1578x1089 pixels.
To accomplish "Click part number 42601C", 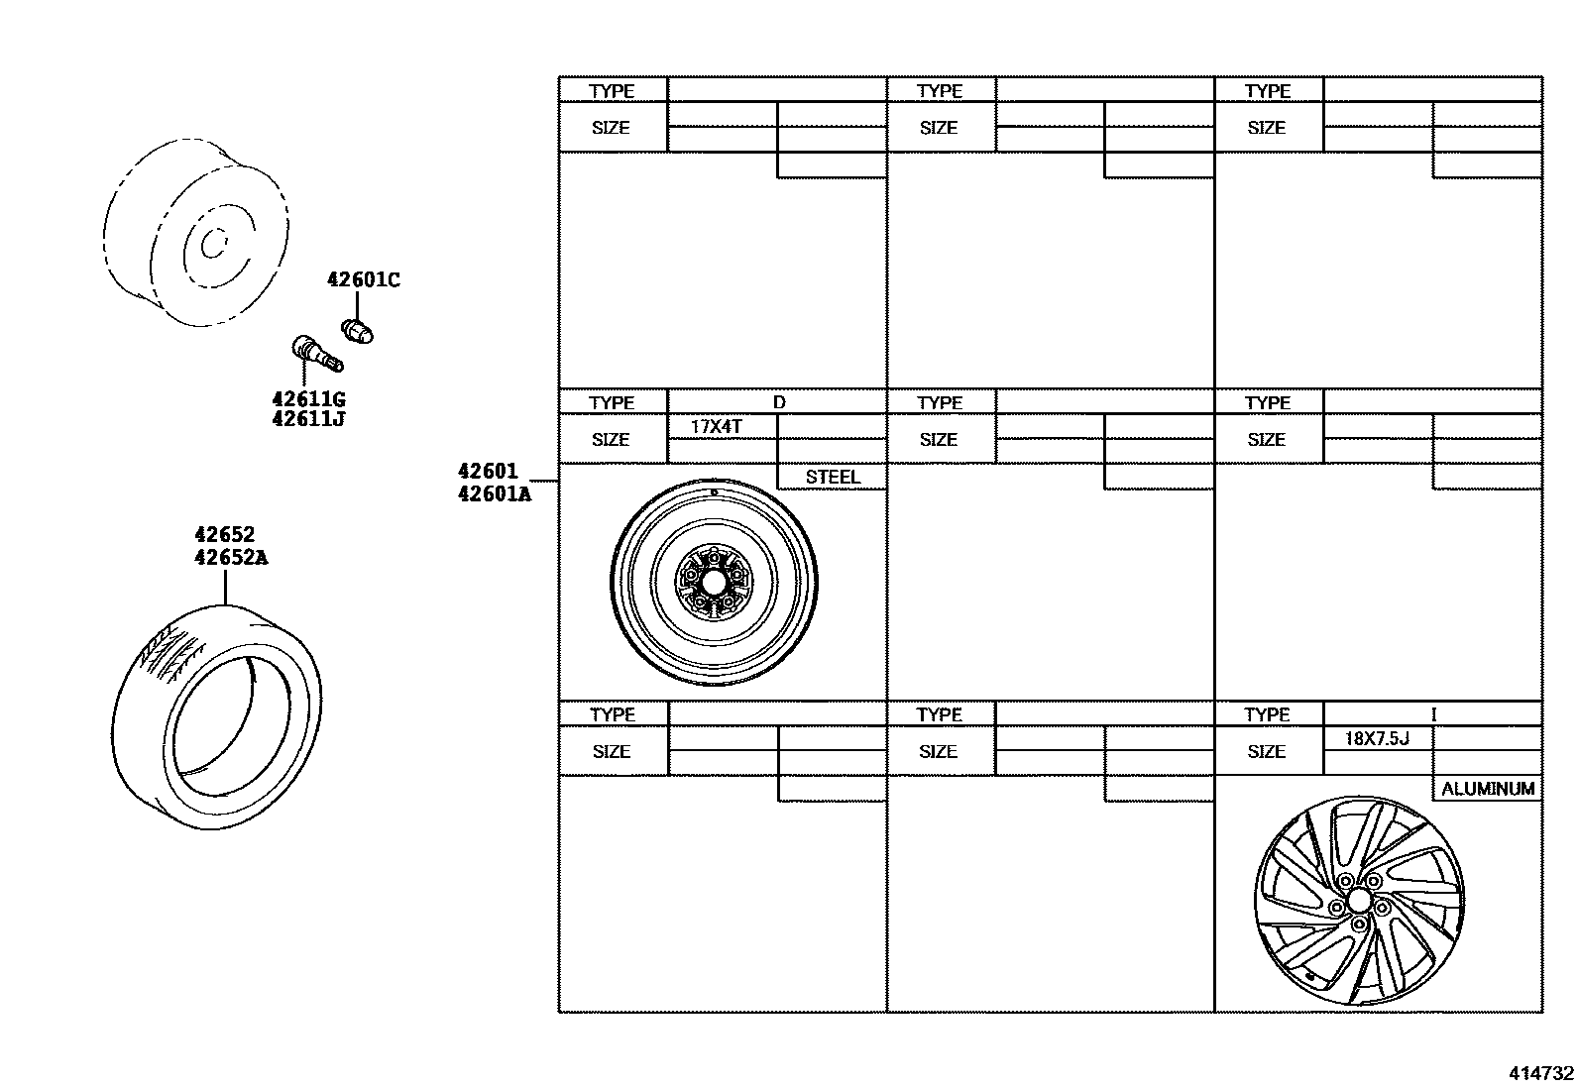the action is pyautogui.click(x=364, y=280).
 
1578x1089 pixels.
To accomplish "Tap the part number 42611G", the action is pyautogui.click(x=308, y=399).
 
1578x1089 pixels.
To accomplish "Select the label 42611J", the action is pyautogui.click(x=308, y=418).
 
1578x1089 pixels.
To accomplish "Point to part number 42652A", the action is pyautogui.click(x=231, y=557).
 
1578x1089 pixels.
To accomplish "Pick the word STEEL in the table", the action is pyautogui.click(x=832, y=477).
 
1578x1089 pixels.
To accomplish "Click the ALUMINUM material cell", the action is pyautogui.click(x=1487, y=789).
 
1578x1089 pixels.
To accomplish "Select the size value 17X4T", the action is pyautogui.click(x=717, y=427).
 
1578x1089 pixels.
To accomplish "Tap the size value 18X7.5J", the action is pyautogui.click(x=1376, y=738).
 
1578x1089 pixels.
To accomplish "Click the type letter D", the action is pyautogui.click(x=779, y=402).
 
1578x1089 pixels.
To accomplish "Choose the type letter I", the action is pyautogui.click(x=1433, y=714).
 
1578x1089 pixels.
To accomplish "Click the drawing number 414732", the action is pyautogui.click(x=1540, y=1073).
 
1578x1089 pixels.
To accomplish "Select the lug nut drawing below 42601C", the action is pyautogui.click(x=358, y=330).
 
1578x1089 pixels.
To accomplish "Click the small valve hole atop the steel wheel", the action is pyautogui.click(x=714, y=491).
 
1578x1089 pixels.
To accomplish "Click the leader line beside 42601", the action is pyautogui.click(x=544, y=481).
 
